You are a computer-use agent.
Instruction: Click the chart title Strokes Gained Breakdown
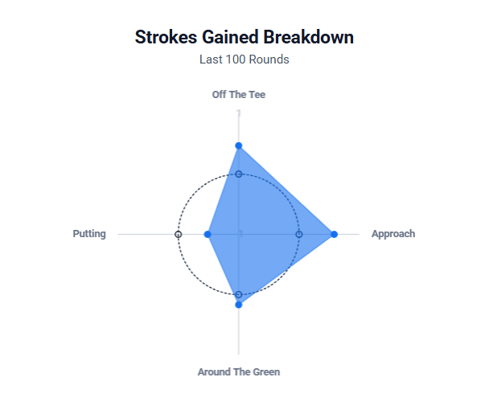(x=245, y=37)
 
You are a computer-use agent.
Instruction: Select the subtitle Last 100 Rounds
(x=245, y=59)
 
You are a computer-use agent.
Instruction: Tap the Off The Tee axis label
(x=239, y=95)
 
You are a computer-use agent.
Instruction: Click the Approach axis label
(x=393, y=234)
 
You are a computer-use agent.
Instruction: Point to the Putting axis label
(x=89, y=234)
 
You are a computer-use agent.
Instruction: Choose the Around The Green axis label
(x=239, y=372)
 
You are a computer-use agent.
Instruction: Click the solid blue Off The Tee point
(x=239, y=146)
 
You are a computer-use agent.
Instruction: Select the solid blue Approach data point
(x=334, y=234)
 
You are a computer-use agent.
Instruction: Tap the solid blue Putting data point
(x=208, y=234)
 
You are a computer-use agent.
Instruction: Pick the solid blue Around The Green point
(x=239, y=305)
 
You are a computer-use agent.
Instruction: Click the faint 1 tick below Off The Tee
(x=239, y=113)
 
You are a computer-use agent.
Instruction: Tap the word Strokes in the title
(x=166, y=37)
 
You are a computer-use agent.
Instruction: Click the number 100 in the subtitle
(x=236, y=59)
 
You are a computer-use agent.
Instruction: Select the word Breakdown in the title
(x=308, y=37)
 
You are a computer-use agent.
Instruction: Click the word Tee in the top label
(x=257, y=95)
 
